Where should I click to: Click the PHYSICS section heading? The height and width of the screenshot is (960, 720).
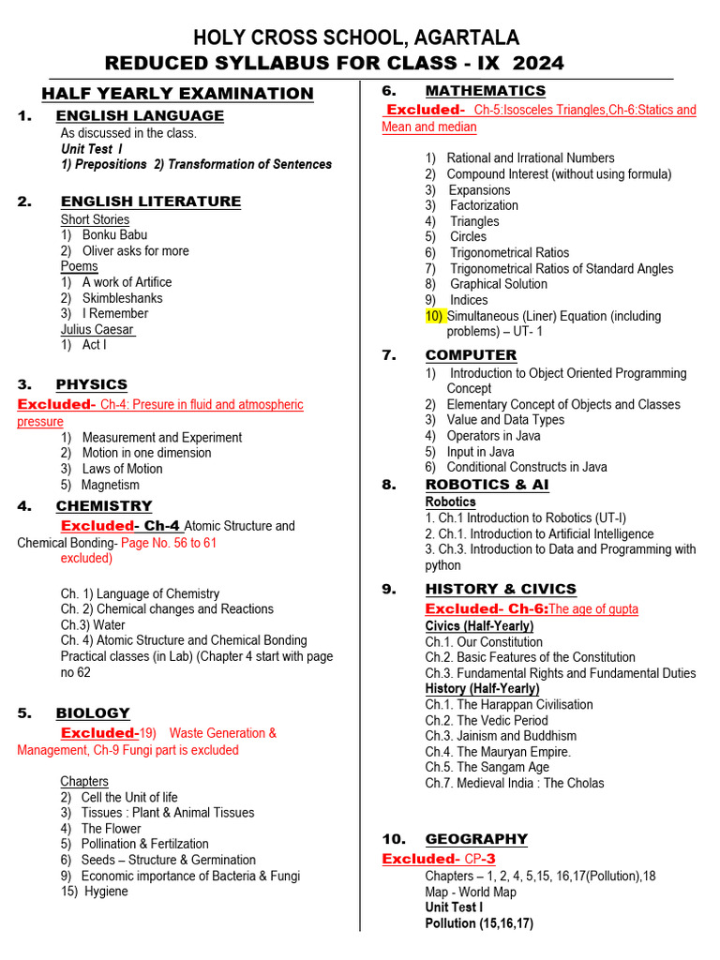click(92, 384)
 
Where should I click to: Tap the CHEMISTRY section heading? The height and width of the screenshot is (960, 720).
click(103, 506)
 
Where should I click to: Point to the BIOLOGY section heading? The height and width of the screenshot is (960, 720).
click(93, 713)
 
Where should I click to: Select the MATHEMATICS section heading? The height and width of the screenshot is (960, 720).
click(485, 91)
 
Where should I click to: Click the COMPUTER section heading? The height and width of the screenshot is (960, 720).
click(471, 355)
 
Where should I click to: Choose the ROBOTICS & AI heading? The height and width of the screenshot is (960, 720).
click(487, 485)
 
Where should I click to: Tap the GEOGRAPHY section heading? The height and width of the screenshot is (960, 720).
click(476, 839)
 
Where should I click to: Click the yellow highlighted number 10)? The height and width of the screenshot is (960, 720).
click(434, 316)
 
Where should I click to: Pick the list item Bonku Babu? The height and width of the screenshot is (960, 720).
click(114, 235)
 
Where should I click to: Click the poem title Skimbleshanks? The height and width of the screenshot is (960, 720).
click(122, 298)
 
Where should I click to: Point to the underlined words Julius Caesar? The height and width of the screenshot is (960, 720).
click(97, 329)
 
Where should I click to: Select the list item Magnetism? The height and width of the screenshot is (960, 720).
click(110, 485)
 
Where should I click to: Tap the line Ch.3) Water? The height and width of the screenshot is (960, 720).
click(93, 625)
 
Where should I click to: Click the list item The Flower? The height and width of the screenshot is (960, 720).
click(111, 829)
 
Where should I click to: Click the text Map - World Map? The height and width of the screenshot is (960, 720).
click(470, 892)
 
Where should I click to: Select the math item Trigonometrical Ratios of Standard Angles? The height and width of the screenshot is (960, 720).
click(561, 268)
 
